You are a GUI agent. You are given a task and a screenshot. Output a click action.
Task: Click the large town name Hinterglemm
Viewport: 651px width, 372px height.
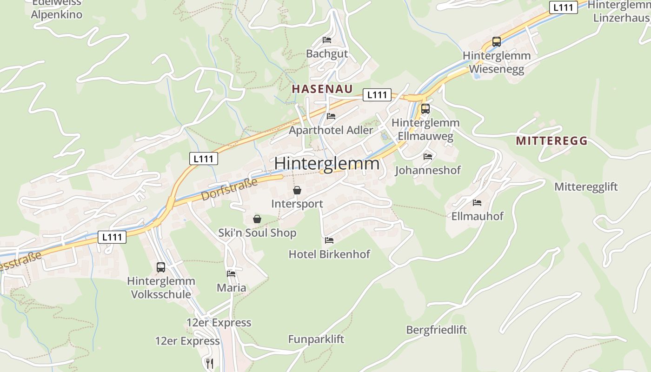(x=326, y=164)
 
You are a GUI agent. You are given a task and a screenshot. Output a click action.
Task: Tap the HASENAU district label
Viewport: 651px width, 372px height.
(x=322, y=89)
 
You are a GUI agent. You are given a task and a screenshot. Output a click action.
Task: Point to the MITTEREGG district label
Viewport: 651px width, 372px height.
(x=551, y=140)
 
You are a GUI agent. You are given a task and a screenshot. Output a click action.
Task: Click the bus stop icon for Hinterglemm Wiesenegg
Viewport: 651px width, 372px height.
(x=496, y=42)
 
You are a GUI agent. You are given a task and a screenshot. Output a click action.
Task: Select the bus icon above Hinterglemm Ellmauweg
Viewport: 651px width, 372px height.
(x=425, y=109)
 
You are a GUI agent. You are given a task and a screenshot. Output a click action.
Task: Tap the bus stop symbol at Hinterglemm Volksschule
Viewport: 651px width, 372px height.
(x=161, y=267)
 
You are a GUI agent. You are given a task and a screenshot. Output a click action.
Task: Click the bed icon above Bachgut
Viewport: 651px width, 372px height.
(x=327, y=40)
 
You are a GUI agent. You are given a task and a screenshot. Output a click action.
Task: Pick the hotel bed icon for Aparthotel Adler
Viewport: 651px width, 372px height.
(x=331, y=116)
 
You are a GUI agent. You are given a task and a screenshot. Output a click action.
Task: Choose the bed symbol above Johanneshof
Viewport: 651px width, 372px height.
(x=428, y=156)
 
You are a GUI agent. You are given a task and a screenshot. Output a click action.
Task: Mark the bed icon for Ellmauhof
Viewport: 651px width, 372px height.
(x=477, y=202)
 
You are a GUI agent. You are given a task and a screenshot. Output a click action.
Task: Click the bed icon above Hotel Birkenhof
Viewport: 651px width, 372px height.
(x=329, y=240)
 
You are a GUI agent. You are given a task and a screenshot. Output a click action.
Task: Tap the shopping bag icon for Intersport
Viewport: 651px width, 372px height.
(x=297, y=190)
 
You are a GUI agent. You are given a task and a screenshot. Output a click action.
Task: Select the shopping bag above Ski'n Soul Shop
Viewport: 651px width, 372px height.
(x=257, y=219)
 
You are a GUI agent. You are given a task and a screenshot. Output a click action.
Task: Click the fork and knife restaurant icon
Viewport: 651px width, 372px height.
(x=210, y=363)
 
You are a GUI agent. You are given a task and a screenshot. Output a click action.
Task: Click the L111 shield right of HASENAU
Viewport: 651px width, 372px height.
(x=377, y=95)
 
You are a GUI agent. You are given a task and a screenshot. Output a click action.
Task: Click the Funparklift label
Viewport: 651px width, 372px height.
(x=316, y=339)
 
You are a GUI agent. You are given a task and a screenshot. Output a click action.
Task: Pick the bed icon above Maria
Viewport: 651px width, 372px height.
(x=231, y=273)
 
